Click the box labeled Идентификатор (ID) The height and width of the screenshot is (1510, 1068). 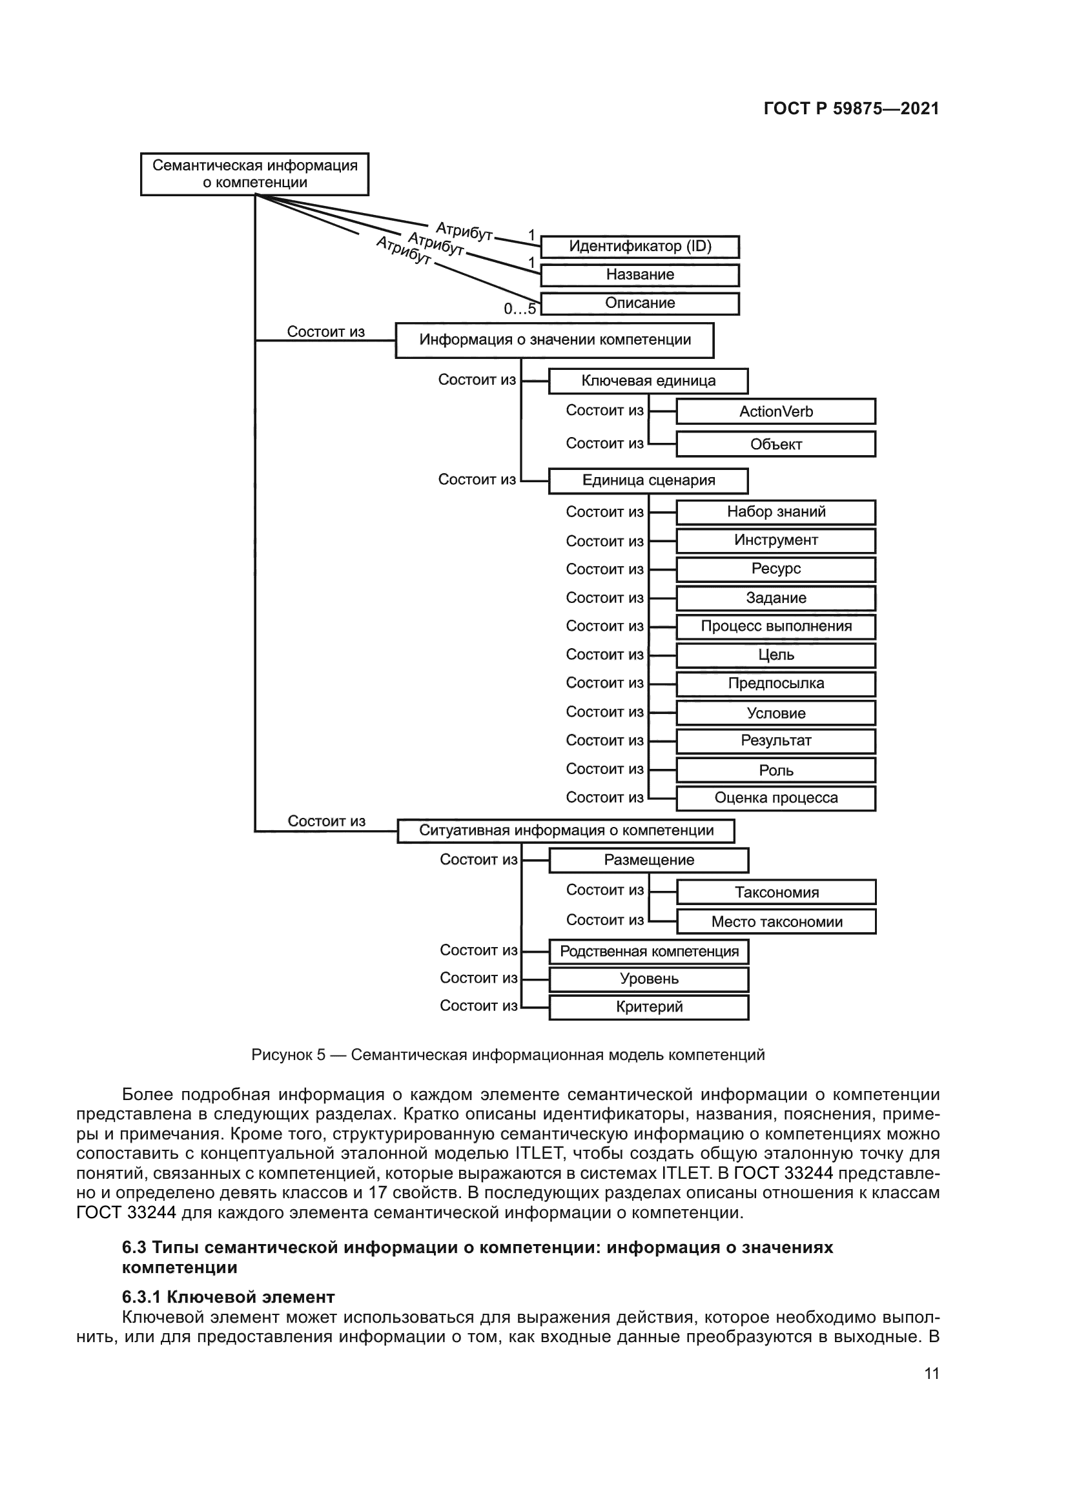640,247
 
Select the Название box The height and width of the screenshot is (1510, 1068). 640,275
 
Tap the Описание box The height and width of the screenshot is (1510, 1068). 640,303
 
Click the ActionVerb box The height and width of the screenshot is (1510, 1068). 776,411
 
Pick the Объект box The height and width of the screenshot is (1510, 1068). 776,444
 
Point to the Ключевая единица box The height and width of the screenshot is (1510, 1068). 648,381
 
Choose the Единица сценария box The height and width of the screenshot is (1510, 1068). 648,480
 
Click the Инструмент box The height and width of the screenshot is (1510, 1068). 776,540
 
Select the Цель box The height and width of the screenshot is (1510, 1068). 776,655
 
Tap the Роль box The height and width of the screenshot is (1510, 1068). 776,770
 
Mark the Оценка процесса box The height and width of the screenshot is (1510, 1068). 776,799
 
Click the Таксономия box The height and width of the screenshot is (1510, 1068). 777,892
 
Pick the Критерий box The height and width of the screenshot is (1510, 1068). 649,1007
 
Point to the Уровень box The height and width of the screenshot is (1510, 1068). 649,979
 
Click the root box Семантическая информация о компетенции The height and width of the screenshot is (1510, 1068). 254,174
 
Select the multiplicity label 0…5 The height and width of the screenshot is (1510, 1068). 520,309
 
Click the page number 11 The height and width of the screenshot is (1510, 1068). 931,1373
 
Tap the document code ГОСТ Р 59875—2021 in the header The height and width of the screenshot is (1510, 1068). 851,108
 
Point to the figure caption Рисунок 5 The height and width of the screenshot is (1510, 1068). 508,1055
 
